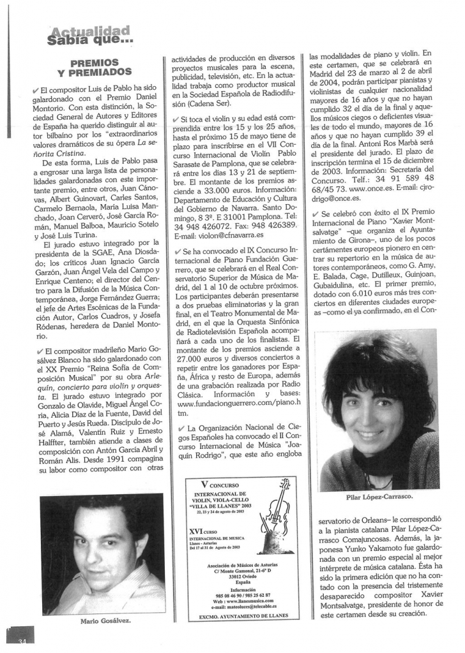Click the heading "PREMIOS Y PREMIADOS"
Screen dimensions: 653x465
94,68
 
